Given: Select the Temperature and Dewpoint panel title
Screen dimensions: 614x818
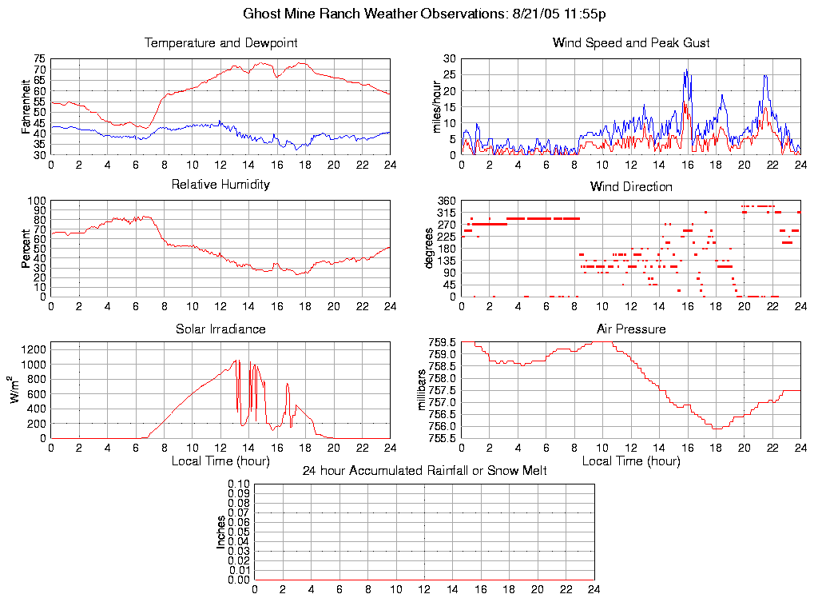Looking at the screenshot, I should (220, 42).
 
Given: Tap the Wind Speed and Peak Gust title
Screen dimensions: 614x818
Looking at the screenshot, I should (631, 42).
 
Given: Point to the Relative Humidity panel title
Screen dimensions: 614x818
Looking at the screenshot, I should (220, 185).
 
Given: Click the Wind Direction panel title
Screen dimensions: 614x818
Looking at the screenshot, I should (631, 186).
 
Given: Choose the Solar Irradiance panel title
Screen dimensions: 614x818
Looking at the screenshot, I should (220, 329).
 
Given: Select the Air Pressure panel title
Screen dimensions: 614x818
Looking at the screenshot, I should (631, 329).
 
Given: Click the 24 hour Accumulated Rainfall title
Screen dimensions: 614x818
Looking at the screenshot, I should (424, 471).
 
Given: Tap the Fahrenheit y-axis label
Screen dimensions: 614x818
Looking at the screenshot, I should (26, 107).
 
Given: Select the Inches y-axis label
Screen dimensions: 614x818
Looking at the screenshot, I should (221, 532).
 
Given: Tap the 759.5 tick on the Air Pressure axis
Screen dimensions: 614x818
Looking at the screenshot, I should (442, 342).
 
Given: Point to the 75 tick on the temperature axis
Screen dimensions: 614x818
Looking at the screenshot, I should (39, 59).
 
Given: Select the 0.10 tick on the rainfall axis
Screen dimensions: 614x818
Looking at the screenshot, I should (239, 484).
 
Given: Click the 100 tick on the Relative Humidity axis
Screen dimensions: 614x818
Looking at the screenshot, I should (37, 201).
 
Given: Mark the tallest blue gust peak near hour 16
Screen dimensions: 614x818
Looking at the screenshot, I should (686, 70).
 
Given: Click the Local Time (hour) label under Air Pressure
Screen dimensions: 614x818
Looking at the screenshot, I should (631, 461).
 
